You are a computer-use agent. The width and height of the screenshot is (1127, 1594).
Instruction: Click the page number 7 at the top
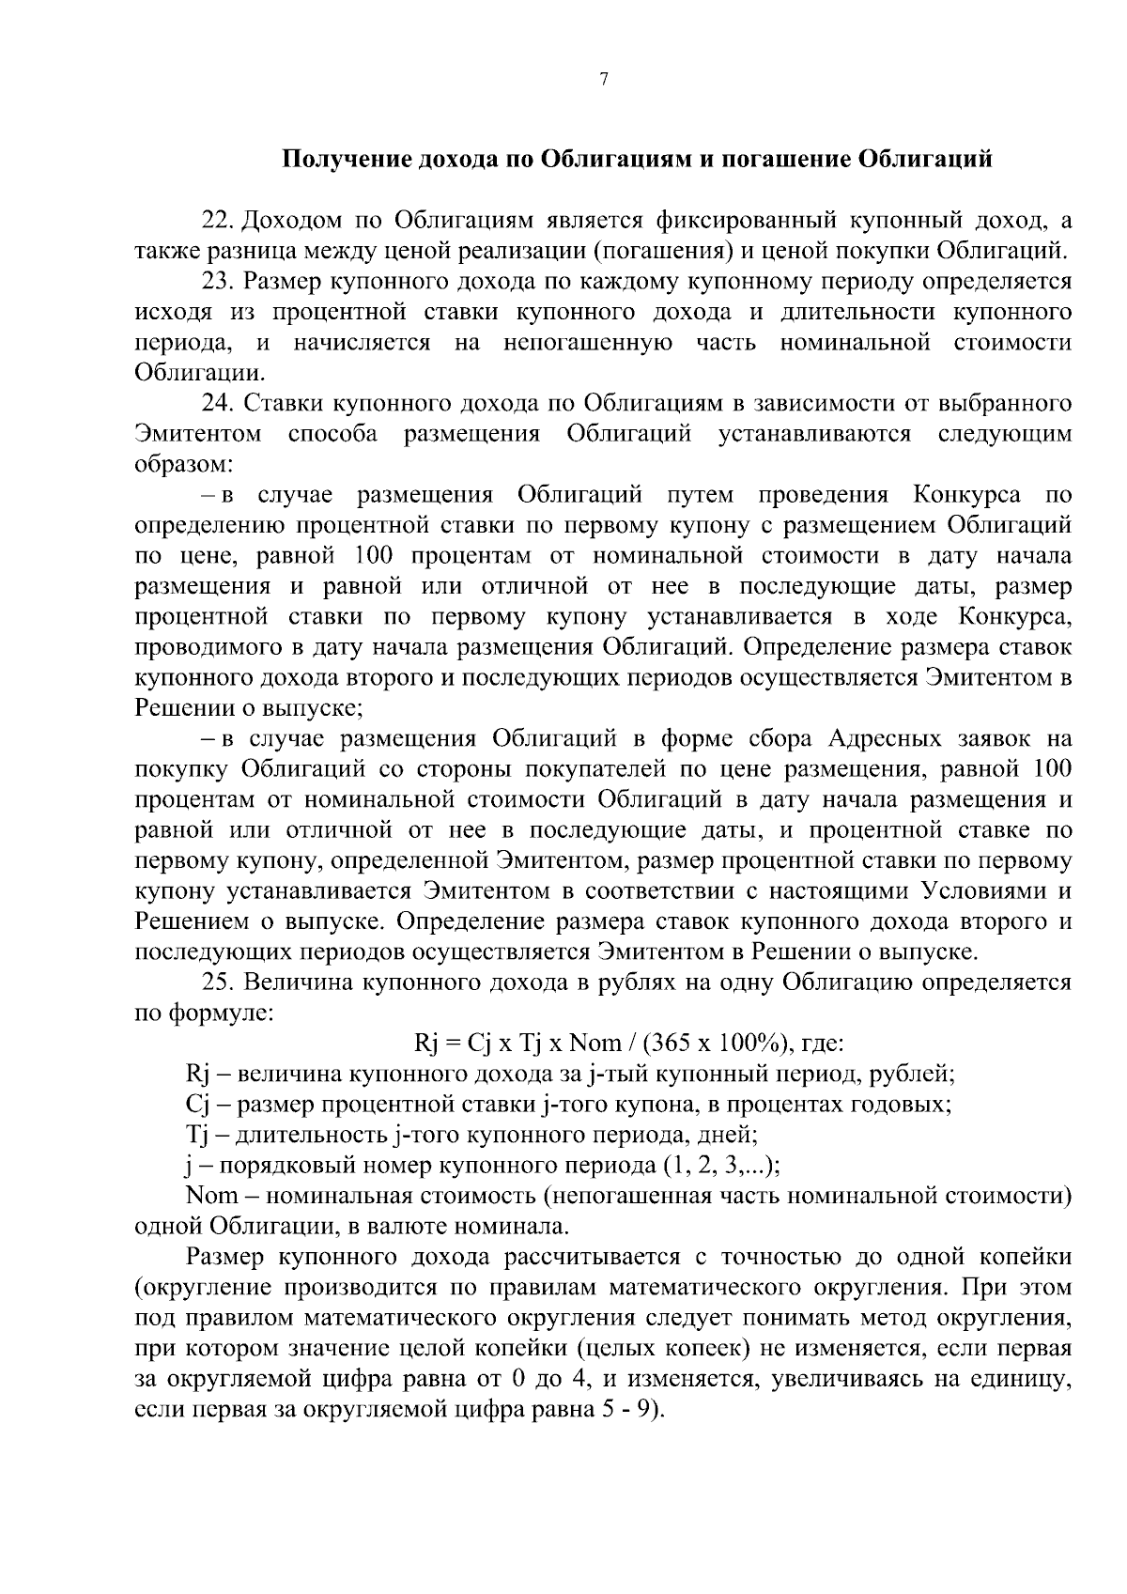tap(604, 82)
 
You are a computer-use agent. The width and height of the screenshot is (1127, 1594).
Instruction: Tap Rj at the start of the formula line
tap(425, 1044)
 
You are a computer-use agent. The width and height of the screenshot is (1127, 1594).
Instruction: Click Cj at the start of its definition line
tap(200, 1105)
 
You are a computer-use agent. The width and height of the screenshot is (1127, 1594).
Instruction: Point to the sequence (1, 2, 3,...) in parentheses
tap(720, 1166)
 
